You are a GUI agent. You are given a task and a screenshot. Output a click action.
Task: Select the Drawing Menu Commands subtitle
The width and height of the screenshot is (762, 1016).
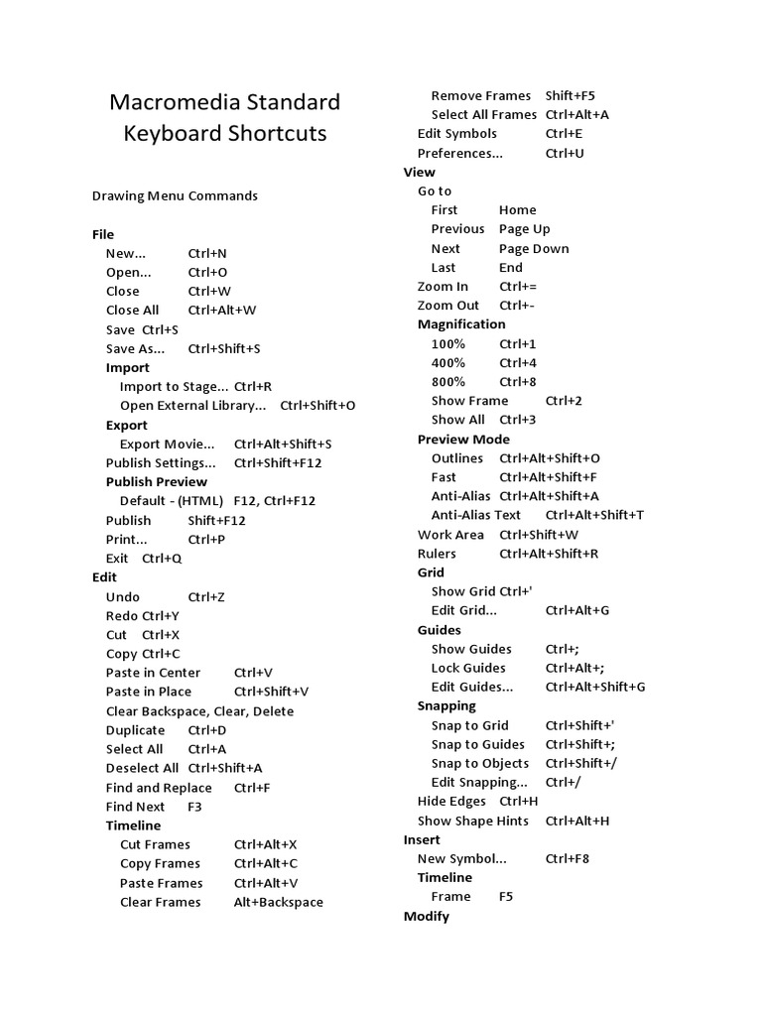click(x=175, y=195)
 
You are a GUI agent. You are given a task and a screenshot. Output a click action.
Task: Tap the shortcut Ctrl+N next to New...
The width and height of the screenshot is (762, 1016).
click(x=207, y=253)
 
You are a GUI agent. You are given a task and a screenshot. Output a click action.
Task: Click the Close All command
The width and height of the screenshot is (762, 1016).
click(x=132, y=310)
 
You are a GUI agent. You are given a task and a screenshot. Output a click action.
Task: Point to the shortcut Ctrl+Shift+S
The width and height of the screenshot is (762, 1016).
click(x=224, y=348)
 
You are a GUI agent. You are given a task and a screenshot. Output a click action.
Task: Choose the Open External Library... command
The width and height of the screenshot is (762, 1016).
click(x=192, y=405)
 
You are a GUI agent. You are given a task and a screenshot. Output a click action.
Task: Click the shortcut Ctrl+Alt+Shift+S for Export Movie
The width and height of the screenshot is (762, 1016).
click(x=283, y=444)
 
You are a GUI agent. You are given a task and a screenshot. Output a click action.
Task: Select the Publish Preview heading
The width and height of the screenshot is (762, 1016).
click(x=157, y=481)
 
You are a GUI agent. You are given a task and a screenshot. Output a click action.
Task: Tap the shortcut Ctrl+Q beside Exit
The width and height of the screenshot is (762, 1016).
click(x=162, y=558)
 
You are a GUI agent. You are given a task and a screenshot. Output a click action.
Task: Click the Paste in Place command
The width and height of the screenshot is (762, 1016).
click(x=149, y=692)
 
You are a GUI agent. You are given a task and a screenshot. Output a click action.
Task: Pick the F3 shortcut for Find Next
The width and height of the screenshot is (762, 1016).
click(x=194, y=807)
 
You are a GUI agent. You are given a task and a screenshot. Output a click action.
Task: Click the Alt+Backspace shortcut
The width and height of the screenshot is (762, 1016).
click(x=278, y=902)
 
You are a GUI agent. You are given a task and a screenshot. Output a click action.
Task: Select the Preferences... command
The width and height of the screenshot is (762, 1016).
click(x=459, y=153)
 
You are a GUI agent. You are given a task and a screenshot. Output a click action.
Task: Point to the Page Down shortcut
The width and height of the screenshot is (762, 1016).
click(x=534, y=248)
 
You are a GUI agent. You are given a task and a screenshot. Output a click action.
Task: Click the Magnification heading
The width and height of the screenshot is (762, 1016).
click(x=461, y=324)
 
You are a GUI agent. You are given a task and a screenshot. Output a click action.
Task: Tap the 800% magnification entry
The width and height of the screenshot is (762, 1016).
click(x=448, y=382)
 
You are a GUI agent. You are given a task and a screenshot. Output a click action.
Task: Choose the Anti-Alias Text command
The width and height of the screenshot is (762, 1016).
click(x=475, y=515)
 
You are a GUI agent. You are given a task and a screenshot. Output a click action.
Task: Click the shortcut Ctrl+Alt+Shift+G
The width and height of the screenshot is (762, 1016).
click(x=595, y=687)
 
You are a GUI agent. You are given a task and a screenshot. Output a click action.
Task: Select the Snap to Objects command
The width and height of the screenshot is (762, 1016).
click(x=480, y=763)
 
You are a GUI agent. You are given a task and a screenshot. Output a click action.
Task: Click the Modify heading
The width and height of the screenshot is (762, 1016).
click(x=427, y=916)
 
